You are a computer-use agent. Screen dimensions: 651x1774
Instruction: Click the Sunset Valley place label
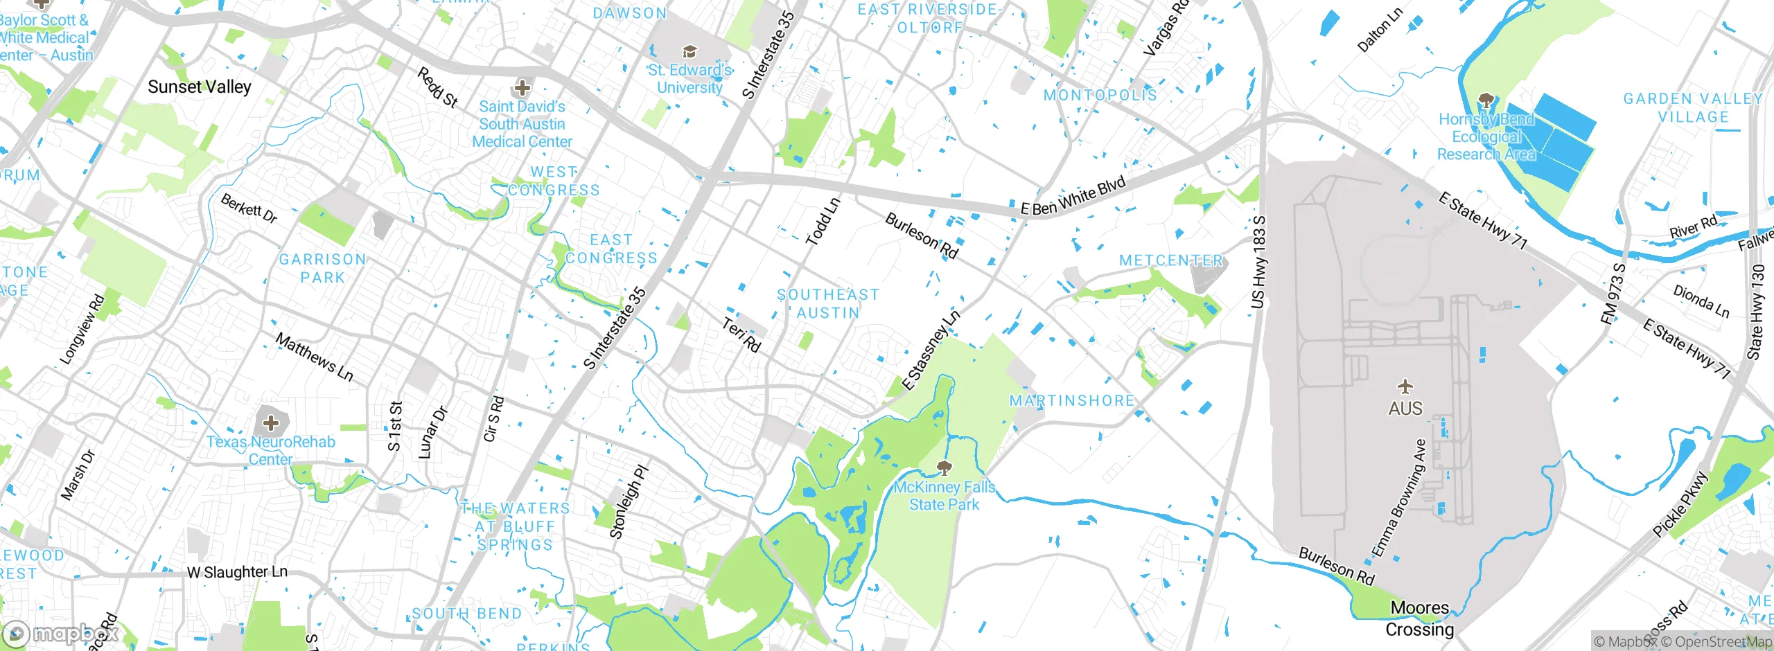pos(200,87)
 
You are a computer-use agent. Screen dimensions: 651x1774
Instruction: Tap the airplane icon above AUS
pos(1405,386)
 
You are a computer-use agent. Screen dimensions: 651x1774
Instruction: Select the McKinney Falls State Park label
pos(944,496)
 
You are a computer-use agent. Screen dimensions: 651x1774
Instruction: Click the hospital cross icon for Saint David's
pos(522,88)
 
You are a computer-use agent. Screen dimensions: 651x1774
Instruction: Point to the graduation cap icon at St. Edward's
pos(689,51)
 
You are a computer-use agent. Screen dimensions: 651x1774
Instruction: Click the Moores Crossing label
pos(1419,618)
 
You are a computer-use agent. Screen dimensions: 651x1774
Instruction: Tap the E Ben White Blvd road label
pos(1073,196)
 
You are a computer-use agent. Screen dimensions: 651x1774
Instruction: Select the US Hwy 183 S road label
pos(1258,262)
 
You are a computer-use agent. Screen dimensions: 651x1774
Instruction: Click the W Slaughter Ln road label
pos(237,572)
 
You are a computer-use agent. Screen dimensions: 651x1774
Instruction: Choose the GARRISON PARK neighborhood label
pos(322,268)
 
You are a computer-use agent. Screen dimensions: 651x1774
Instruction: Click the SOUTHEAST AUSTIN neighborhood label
pos(828,303)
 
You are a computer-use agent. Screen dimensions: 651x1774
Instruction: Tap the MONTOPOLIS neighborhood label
pos(1100,95)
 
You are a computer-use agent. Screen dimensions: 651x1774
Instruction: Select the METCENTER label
pos(1171,260)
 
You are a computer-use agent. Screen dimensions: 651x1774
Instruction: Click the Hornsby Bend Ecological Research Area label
pos(1486,137)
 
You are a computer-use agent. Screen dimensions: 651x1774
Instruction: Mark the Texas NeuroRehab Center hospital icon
pos(271,422)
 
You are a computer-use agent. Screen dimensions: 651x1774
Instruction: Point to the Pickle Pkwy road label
pos(1681,504)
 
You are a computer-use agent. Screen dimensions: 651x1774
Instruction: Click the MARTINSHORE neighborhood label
pos(1071,400)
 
